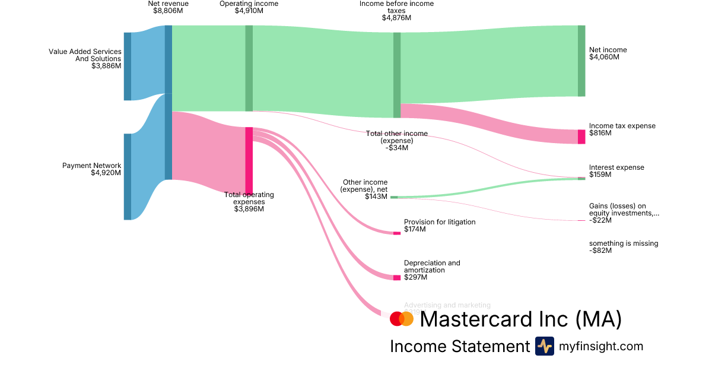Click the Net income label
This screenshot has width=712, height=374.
point(608,50)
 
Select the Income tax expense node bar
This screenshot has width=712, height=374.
point(581,137)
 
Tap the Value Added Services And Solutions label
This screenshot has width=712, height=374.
point(85,55)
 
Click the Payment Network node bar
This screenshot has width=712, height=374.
point(128,176)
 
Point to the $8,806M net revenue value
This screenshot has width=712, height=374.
point(169,11)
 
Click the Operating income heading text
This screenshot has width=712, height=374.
point(249,4)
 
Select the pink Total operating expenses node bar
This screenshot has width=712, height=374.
point(249,160)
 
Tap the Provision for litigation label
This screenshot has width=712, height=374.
point(440,222)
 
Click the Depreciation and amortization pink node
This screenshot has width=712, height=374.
point(397,277)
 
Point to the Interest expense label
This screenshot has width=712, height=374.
point(616,167)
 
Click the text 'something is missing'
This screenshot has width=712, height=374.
point(624,243)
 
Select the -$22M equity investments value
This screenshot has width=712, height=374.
point(600,220)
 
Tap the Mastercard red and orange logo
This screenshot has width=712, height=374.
point(402,319)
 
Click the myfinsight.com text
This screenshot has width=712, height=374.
point(601,346)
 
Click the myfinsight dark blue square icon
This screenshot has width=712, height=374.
point(544,346)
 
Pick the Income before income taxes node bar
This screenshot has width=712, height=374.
point(397,75)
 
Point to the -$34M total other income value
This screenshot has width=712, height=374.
point(397,147)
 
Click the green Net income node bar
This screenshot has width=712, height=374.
point(581,61)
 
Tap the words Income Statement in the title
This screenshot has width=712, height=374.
point(459,346)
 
